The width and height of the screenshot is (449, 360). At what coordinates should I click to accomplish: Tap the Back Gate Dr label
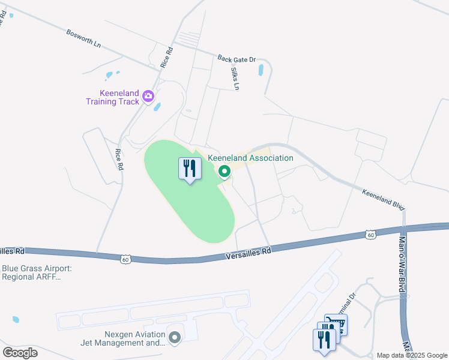pos(237,59)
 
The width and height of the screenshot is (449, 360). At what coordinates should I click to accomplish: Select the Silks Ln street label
pos(235,78)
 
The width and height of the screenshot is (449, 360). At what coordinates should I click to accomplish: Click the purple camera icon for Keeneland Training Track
pos(148,95)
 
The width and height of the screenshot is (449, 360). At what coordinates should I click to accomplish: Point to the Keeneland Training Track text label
pos(113,97)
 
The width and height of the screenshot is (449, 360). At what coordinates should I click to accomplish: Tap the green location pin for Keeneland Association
pos(224,172)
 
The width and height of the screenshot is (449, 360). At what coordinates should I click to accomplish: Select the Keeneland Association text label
pos(250,158)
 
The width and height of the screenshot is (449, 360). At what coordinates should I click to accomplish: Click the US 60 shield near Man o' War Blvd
pos(371,235)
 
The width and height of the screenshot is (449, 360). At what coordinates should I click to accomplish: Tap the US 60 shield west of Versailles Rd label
pos(125,259)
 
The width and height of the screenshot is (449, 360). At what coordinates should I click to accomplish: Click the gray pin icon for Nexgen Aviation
pos(175,338)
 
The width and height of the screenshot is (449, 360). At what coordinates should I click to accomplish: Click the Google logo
pos(20,352)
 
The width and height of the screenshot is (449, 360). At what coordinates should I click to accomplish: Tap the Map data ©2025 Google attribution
pos(412,355)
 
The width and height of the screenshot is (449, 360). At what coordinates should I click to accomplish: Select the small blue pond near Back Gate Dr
pos(261,70)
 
